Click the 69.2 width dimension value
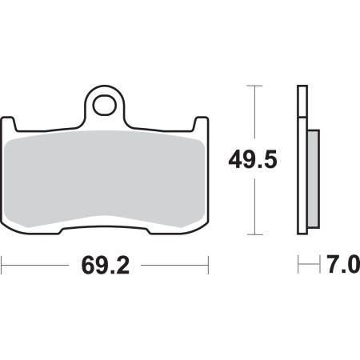click(106, 266)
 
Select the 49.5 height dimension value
click(253, 159)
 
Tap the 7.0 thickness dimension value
click(344, 264)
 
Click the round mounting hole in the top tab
click(105, 105)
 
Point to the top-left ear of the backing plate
click(8, 123)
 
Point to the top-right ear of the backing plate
click(201, 123)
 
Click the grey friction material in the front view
click(105, 178)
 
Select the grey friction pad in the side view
click(314, 179)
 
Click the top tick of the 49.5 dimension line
click(254, 86)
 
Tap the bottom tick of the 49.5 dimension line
click(254, 234)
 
